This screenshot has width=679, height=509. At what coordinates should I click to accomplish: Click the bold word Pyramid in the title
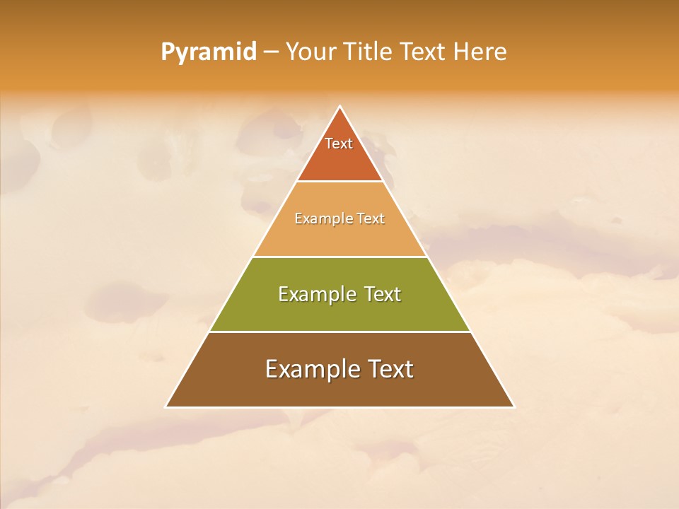tap(209, 52)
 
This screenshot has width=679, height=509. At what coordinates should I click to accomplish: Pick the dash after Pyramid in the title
tap(272, 52)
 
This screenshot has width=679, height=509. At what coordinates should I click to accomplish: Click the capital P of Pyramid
tap(167, 52)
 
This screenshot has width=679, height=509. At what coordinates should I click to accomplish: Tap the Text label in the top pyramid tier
tap(339, 144)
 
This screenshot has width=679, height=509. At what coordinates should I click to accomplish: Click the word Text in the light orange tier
tap(371, 219)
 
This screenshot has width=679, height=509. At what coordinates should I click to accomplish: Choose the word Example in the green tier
tap(315, 294)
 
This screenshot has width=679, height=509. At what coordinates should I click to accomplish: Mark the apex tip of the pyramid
tap(340, 107)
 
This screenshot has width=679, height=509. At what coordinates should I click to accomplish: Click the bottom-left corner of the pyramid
tap(166, 406)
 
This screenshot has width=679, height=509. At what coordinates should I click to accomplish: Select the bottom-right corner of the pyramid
tap(513, 406)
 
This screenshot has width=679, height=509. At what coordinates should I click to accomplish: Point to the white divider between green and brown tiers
tap(339, 332)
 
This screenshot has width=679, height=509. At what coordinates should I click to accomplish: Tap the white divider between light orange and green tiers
tap(339, 257)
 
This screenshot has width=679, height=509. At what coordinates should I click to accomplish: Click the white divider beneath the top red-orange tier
tap(339, 182)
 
